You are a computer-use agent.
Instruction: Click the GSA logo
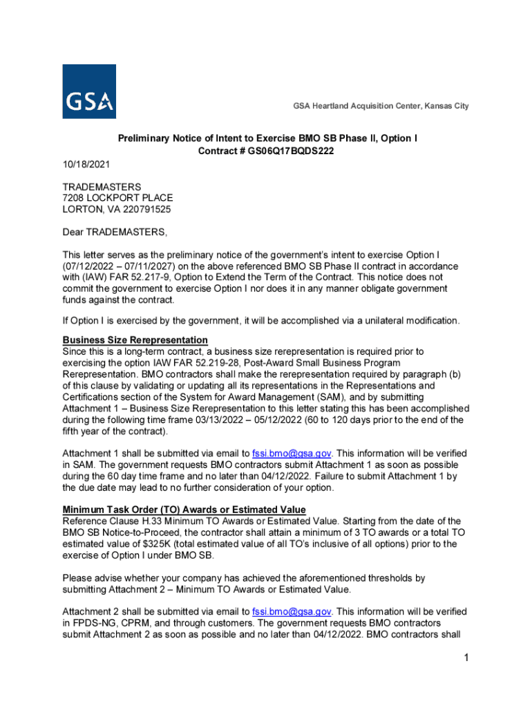click(x=89, y=92)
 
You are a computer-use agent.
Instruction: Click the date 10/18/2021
click(x=86, y=165)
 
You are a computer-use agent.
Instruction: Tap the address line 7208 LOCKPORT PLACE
click(x=117, y=198)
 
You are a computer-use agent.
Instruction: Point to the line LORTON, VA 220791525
click(x=117, y=209)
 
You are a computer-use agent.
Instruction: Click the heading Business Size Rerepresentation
click(x=135, y=340)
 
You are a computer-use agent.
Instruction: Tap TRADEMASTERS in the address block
click(x=102, y=187)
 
